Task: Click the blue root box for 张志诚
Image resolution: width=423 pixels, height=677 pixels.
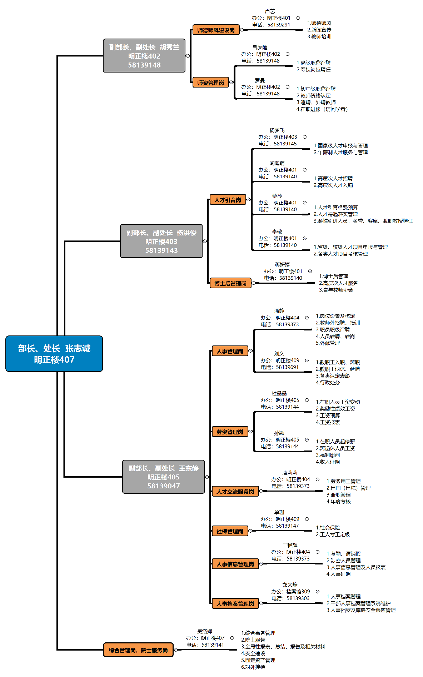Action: tap(54, 354)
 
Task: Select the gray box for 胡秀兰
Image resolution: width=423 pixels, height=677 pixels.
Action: tap(144, 56)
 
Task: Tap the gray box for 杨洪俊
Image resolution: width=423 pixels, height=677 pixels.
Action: tap(161, 241)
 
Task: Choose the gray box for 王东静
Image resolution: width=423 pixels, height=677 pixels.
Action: tap(163, 477)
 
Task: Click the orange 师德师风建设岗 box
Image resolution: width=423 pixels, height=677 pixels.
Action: tap(216, 30)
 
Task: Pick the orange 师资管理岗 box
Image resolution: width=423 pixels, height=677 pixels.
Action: tap(210, 83)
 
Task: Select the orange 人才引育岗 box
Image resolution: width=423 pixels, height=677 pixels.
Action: tap(228, 200)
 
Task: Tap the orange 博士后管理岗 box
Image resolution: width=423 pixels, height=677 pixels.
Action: tap(230, 283)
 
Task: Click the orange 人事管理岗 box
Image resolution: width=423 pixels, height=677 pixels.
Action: tap(229, 351)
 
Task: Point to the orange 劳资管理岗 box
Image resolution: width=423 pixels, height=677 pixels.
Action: tap(229, 432)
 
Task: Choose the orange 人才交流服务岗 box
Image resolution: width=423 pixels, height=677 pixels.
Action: tap(235, 492)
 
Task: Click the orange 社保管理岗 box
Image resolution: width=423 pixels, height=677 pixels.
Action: tap(229, 531)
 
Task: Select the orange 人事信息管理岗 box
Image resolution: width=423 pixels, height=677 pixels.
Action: tap(235, 564)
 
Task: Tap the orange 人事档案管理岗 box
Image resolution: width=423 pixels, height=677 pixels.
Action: tap(235, 604)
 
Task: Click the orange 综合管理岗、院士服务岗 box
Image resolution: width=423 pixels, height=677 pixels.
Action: tap(138, 650)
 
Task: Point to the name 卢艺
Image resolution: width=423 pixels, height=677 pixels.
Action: tap(270, 11)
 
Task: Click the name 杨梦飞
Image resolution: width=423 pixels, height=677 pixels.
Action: tap(277, 130)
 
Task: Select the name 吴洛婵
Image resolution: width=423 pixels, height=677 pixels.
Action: tap(205, 631)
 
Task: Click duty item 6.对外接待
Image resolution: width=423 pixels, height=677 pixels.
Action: tap(253, 667)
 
